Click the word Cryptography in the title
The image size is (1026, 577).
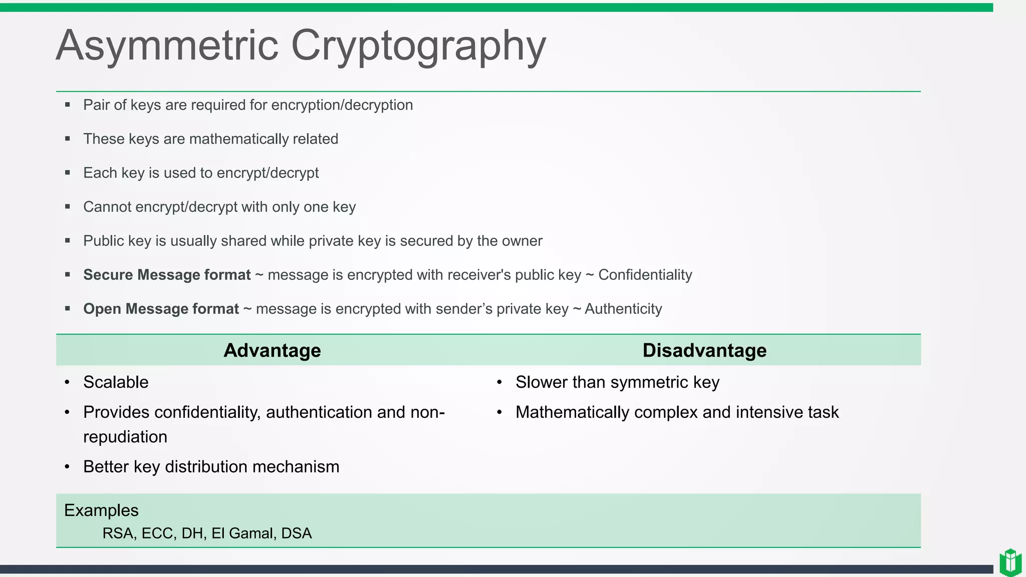tap(418, 46)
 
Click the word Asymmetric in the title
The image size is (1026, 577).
tap(167, 46)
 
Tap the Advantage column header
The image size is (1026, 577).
tap(272, 350)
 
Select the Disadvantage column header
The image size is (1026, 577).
tap(704, 350)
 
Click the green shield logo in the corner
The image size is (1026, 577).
tap(1010, 562)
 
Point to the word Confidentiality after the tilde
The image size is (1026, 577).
tap(645, 275)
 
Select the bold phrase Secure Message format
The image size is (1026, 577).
tap(167, 275)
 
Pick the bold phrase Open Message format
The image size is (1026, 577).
tap(161, 309)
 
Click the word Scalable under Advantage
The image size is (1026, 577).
tap(116, 382)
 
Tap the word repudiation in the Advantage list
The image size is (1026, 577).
tap(125, 437)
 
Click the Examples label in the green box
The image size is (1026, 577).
tap(101, 510)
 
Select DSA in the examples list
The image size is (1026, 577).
tap(296, 533)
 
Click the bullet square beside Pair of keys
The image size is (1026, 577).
tap(68, 105)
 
